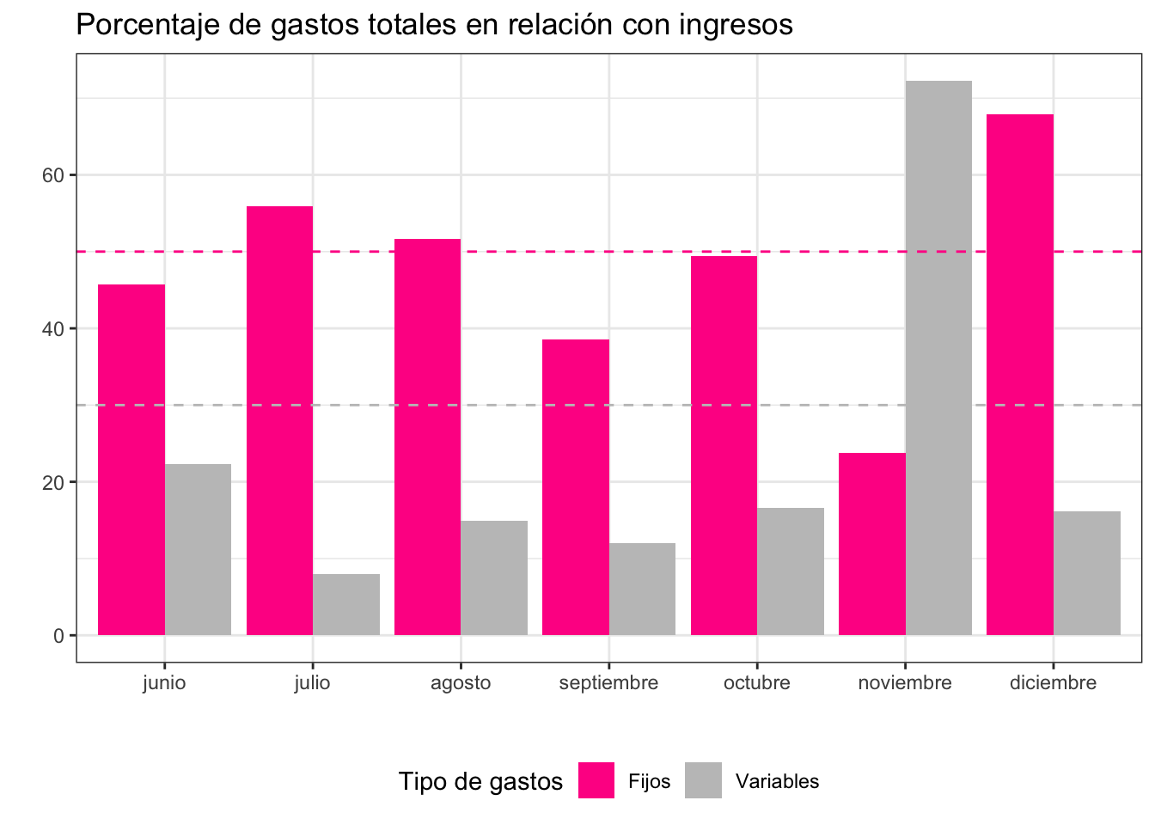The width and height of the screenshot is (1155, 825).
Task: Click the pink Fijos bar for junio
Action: click(x=131, y=460)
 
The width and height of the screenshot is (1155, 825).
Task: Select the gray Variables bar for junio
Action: click(x=198, y=550)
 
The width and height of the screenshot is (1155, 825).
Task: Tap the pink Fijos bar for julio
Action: click(x=279, y=421)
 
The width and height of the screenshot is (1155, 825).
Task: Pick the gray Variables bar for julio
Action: click(x=346, y=604)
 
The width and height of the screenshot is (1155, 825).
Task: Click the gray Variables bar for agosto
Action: click(x=494, y=577)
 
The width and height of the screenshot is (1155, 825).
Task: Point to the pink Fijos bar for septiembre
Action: click(x=576, y=487)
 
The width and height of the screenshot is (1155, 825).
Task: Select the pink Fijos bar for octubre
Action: click(x=724, y=445)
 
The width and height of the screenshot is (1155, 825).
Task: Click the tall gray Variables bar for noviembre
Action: click(x=938, y=357)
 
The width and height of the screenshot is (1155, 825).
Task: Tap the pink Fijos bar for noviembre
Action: click(x=871, y=544)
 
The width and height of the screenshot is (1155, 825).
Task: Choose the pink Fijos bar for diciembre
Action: click(x=1019, y=375)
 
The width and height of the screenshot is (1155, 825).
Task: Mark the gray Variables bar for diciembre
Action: click(x=1086, y=573)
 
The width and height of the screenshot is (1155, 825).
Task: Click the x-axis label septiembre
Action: click(x=608, y=683)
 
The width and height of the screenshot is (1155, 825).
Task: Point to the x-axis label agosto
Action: click(x=461, y=683)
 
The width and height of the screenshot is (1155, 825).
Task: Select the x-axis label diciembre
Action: click(x=1053, y=683)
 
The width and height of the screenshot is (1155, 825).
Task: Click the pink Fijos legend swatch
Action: click(x=596, y=780)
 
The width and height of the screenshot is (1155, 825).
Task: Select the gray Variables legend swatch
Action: click(x=703, y=780)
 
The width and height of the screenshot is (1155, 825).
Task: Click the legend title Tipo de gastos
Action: click(x=480, y=781)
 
